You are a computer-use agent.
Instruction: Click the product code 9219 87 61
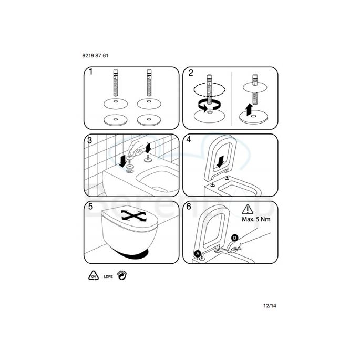(x=95, y=56)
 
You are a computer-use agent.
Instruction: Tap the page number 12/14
(x=270, y=306)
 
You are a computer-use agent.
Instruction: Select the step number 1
(x=91, y=71)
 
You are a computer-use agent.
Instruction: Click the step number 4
(x=189, y=139)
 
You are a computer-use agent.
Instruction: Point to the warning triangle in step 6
(x=248, y=209)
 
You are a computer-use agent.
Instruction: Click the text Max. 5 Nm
(x=256, y=219)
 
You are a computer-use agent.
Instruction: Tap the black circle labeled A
(x=198, y=254)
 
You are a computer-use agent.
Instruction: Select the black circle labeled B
(x=234, y=238)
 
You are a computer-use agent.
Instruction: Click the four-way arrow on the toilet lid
(x=133, y=216)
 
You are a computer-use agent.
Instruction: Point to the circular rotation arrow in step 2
(x=209, y=105)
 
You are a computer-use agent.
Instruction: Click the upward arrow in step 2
(x=249, y=109)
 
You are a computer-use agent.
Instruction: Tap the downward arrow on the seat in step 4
(x=220, y=162)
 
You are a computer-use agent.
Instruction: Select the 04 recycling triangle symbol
(x=94, y=275)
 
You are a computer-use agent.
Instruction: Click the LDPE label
(x=108, y=276)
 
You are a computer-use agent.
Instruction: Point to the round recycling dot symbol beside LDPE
(x=122, y=275)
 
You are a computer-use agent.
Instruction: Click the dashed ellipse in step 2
(x=209, y=89)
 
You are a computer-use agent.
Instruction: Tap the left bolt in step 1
(x=116, y=83)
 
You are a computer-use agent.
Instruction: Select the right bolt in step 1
(x=149, y=83)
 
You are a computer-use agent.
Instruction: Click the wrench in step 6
(x=230, y=249)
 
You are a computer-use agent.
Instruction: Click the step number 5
(x=91, y=207)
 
